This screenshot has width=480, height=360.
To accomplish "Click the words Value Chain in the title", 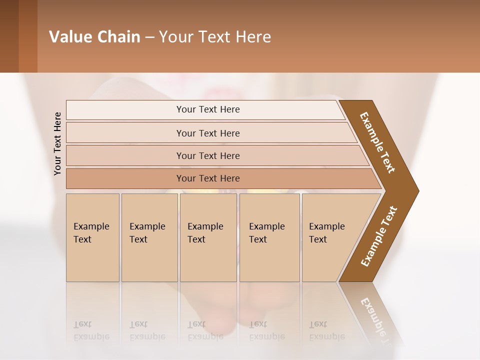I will point(94,37).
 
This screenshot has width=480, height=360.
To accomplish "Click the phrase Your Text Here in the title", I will point(215,37).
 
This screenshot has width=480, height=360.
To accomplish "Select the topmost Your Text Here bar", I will point(207,109).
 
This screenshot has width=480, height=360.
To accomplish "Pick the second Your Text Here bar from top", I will point(207,133).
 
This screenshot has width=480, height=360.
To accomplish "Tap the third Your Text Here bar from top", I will point(207,155).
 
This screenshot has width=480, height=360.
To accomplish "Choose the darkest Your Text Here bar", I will point(207,178).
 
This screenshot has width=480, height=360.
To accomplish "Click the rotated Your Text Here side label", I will point(57,143).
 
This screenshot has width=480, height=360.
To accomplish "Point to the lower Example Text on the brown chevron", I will point(378,236).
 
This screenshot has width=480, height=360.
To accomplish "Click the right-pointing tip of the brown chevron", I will point(416,190).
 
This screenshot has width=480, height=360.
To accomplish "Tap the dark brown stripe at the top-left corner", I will point(9,36).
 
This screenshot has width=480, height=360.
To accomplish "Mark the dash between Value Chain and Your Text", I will point(149,37).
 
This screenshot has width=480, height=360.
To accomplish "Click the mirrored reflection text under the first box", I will point(91,330).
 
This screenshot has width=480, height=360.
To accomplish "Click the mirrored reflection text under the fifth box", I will point(327,330).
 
